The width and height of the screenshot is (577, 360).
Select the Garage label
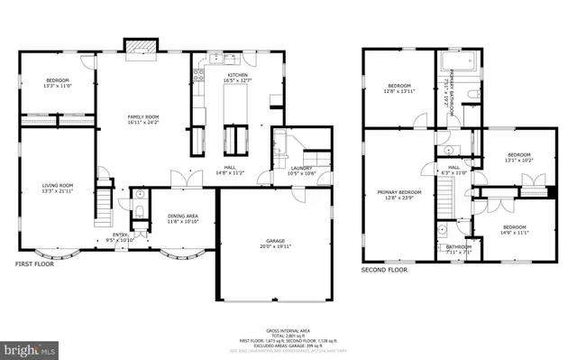click(x=275, y=241)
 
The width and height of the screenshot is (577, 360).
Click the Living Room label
click(x=56, y=185)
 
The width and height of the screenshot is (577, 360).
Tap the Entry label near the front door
click(x=120, y=237)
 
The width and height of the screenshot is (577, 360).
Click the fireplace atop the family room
click(x=140, y=46)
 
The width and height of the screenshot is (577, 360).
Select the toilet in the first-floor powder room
click(x=140, y=209)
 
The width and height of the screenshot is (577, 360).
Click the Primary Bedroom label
click(x=398, y=192)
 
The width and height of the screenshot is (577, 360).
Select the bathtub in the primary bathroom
click(x=462, y=62)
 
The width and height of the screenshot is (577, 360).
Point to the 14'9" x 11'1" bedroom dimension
click(x=514, y=232)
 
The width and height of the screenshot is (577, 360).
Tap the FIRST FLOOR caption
click(x=34, y=264)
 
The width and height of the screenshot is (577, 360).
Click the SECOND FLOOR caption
click(x=385, y=270)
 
